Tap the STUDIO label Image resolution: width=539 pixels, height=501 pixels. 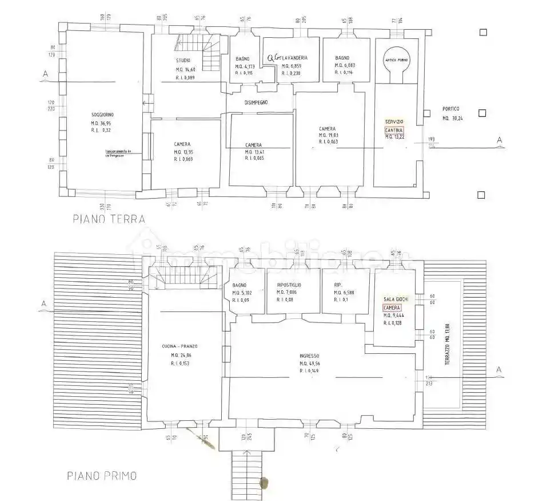coord(183,60)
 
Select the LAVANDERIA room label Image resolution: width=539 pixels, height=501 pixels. coord(296,58)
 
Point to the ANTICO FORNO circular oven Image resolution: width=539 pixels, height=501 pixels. coord(396,61)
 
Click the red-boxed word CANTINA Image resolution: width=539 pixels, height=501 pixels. coord(394,130)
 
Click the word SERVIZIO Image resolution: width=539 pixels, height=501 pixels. coord(394,122)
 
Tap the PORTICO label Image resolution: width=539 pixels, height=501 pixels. coord(450,109)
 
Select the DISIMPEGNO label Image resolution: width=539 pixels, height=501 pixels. coord(261,103)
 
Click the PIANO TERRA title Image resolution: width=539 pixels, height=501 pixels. coord(109,218)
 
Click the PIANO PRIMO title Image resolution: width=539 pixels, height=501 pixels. coord(102,475)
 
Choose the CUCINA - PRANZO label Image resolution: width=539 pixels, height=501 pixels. coord(183,346)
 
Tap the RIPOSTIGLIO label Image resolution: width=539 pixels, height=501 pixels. coord(289,285)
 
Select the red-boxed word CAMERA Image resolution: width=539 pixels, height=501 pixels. coord(392,307)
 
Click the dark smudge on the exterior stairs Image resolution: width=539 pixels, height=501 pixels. coord(263,482)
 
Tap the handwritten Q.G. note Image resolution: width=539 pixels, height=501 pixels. coord(274,57)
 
